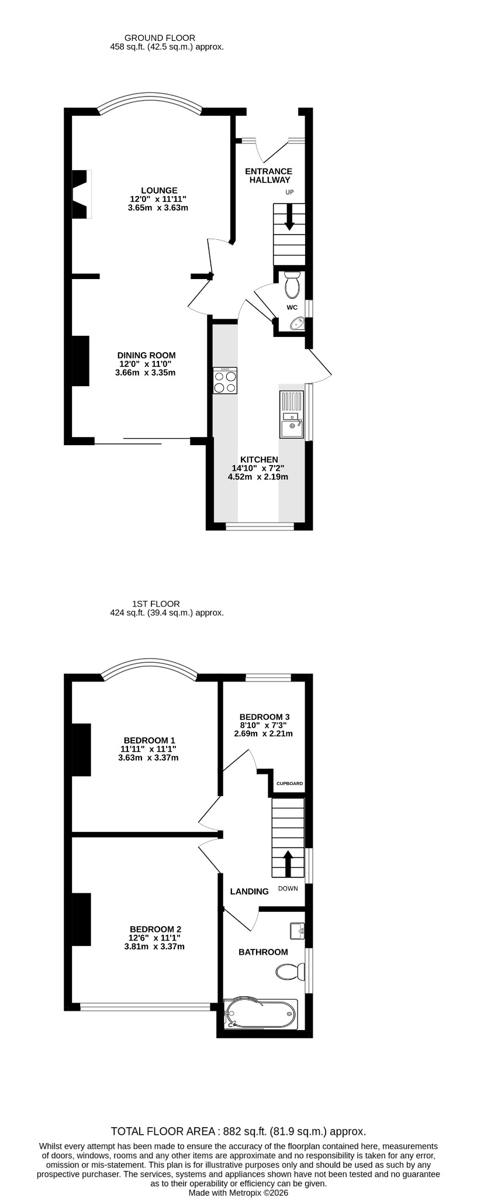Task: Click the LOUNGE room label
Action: click(x=159, y=190)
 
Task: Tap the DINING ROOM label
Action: click(x=146, y=355)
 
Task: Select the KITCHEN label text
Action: click(x=259, y=460)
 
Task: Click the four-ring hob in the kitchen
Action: click(x=225, y=380)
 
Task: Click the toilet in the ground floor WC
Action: click(x=291, y=283)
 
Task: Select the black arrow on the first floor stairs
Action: click(x=288, y=863)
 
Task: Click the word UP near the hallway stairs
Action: click(x=289, y=192)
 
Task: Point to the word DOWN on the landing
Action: click(x=288, y=889)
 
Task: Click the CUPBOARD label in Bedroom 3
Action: click(x=289, y=783)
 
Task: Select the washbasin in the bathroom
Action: click(x=298, y=931)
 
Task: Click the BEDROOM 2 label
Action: click(x=155, y=929)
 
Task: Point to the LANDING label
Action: click(x=250, y=891)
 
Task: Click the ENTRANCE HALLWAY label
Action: click(x=268, y=175)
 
